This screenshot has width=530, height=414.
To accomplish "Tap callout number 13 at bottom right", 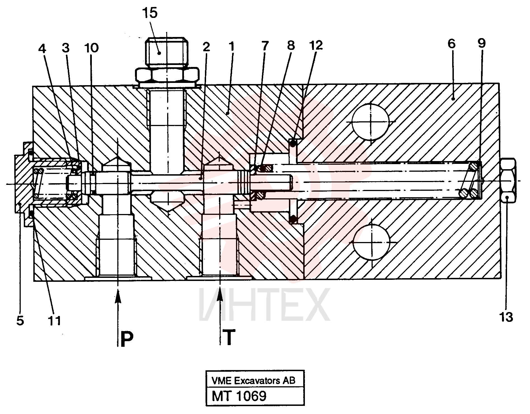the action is (506, 317).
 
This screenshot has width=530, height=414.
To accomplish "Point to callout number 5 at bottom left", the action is (20, 321).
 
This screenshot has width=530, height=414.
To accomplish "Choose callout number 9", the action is (482, 43).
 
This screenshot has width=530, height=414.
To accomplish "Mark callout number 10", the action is (91, 48).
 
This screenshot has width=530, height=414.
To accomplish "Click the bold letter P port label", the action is (127, 339).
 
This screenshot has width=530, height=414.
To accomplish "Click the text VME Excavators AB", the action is (253, 381).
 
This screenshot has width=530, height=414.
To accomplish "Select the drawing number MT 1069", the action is (239, 396).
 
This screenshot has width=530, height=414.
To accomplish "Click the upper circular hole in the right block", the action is (371, 122).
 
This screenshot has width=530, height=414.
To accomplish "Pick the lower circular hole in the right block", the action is (372, 242).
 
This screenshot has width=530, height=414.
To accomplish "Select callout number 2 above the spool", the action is (206, 47).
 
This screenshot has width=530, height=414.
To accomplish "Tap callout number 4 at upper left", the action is (42, 49).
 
